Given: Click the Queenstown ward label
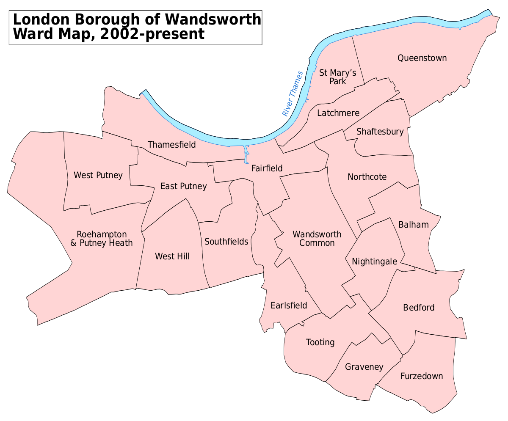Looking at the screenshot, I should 422,58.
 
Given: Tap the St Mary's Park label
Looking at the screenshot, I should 337,77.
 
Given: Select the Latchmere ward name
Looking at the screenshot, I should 338,113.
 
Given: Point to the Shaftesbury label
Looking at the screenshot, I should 380,132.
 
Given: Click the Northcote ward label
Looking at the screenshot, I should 367,177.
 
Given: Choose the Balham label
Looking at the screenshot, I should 414,225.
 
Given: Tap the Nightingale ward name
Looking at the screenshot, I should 374,261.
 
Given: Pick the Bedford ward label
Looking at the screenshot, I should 419,308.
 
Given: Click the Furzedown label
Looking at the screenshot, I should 422,376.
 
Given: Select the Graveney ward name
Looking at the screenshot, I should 364,367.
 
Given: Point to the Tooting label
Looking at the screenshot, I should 320,342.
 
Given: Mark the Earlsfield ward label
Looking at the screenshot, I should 289,305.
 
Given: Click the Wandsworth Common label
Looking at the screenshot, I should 317,239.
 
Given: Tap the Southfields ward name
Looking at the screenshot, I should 226,242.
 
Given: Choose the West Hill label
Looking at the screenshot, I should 172,256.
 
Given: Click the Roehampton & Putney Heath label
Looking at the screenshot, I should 102,239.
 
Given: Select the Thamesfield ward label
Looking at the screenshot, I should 171,145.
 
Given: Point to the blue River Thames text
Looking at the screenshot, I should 293,94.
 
